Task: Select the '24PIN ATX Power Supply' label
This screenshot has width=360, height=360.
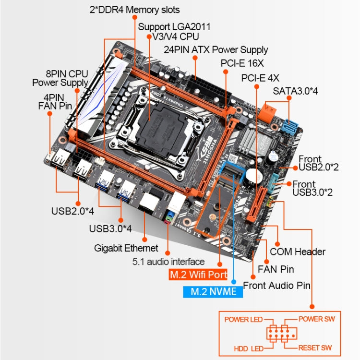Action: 216,49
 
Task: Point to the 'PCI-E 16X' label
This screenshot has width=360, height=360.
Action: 242,63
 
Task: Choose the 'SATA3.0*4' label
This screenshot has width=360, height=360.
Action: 295,91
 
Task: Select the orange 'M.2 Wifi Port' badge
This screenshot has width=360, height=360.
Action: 197,275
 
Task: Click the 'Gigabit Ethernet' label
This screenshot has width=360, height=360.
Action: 126,248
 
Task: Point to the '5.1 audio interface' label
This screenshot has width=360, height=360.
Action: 168,262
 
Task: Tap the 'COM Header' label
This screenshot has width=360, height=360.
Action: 298,252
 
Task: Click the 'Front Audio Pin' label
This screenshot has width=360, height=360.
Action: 276,285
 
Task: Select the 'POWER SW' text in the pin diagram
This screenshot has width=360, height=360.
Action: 317,319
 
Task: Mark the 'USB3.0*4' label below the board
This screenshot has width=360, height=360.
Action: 110,228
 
